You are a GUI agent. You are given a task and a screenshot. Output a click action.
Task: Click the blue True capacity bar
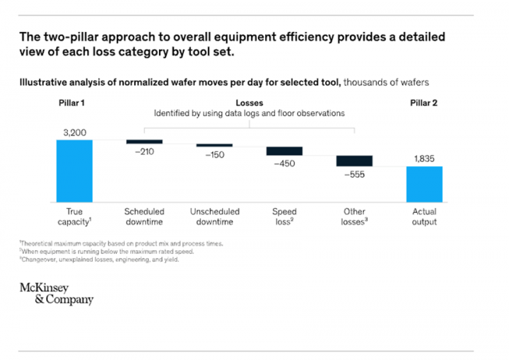click(x=74, y=170)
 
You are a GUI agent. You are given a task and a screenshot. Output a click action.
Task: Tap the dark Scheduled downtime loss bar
click(x=144, y=141)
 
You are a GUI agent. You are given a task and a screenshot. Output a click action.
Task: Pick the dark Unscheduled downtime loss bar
click(x=214, y=145)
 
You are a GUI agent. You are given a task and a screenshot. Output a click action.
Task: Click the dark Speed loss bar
click(x=284, y=151)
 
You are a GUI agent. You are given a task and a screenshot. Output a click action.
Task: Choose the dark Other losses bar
click(x=354, y=161)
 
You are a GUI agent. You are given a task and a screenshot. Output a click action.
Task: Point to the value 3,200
click(x=74, y=132)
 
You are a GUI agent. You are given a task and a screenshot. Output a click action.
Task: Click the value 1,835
click(x=424, y=158)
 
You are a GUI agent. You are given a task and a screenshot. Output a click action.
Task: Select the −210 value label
click(x=144, y=152)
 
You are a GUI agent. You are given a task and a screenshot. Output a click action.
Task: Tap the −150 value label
click(x=214, y=155)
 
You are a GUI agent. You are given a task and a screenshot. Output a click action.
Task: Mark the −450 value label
click(x=284, y=163)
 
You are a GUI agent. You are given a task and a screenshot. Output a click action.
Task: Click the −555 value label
click(x=354, y=175)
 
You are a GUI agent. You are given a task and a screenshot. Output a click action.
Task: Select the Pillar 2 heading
click(x=423, y=103)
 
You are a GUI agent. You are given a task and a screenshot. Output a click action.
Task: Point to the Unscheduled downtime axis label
click(x=214, y=216)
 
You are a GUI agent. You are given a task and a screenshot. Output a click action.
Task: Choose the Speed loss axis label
click(x=284, y=216)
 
